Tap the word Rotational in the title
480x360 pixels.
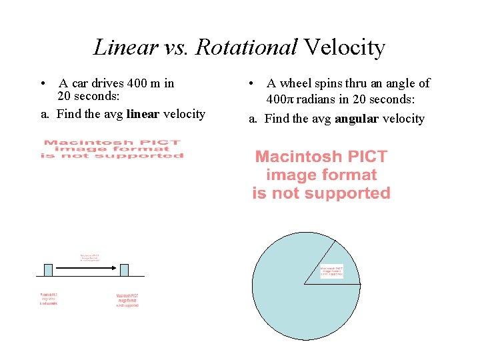(x=246, y=47)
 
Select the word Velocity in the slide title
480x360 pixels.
(x=344, y=47)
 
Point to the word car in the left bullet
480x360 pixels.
(x=80, y=83)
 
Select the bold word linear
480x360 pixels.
(x=143, y=114)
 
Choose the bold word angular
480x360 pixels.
(x=357, y=119)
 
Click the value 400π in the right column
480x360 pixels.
(x=279, y=99)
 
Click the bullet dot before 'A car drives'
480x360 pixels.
(x=42, y=84)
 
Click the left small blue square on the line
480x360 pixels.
(x=48, y=269)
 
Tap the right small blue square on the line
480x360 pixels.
(x=124, y=269)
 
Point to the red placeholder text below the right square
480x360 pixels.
(x=127, y=301)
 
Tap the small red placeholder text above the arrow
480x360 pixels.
(x=90, y=257)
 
